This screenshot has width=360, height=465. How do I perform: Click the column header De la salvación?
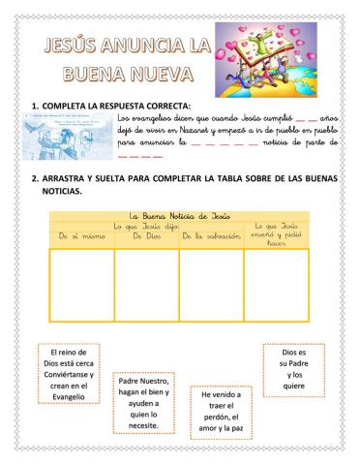pyautogui.click(x=211, y=235)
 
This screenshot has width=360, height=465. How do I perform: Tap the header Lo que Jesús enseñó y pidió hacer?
pyautogui.click(x=276, y=232)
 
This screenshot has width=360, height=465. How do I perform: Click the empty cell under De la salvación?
pyautogui.click(x=211, y=284)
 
